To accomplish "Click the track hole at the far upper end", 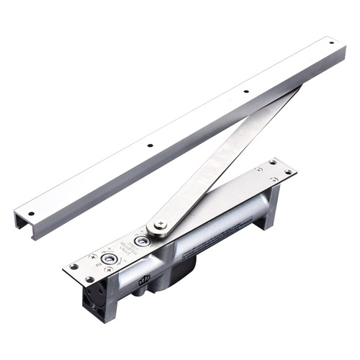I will pos(333,43).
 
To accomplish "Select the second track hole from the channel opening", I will pos(150,145).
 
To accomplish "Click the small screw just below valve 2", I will pos(107,269).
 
